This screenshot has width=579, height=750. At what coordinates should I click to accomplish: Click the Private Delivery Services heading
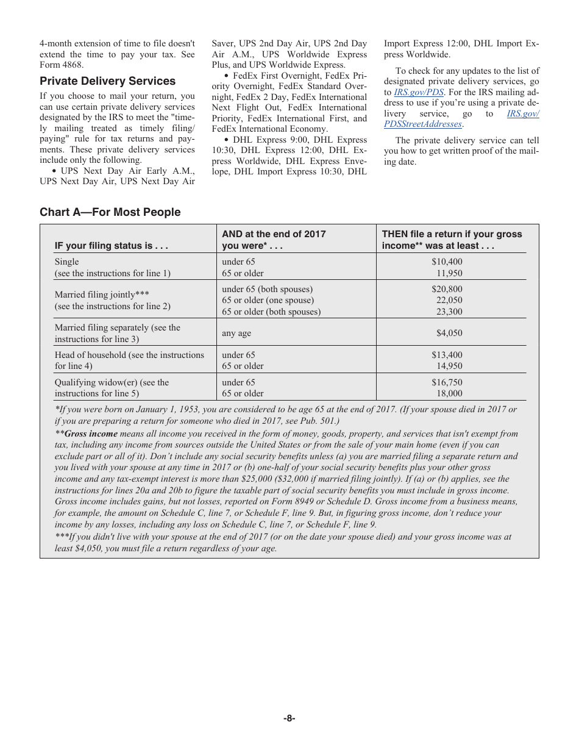click(107, 81)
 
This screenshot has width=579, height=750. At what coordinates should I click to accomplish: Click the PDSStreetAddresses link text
click(423, 124)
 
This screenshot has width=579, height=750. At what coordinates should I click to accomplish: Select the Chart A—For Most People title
click(110, 212)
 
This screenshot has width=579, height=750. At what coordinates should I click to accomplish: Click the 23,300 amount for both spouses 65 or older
click(450, 312)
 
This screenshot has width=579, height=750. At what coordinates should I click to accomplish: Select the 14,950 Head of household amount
click(450, 366)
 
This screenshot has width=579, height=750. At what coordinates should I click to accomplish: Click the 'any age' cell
click(236, 333)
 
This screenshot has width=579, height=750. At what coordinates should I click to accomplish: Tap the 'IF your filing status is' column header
click(111, 246)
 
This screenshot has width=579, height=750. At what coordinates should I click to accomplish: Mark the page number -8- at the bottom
click(289, 718)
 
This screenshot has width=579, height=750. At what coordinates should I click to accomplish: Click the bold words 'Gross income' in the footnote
click(91, 434)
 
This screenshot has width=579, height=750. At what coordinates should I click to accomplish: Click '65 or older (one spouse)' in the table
click(268, 300)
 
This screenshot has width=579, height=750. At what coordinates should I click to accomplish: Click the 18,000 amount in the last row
click(450, 393)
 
